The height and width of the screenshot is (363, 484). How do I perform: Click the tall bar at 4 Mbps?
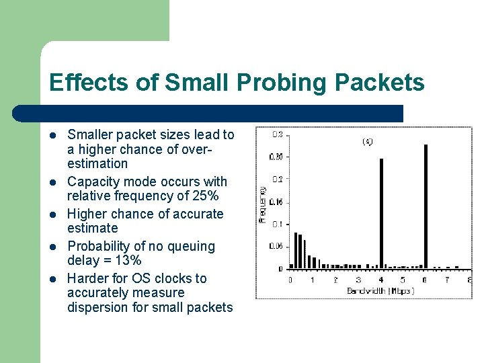coord(381,213)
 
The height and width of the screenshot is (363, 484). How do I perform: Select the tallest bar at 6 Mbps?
coord(426,206)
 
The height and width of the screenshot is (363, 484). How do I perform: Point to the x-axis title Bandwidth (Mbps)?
coord(380,290)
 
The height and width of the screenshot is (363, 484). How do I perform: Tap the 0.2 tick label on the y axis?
coord(277,179)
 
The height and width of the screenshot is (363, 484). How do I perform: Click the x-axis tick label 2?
coord(335,279)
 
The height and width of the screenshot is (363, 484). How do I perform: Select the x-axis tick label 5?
coord(403,279)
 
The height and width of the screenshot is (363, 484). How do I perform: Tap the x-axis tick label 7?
coord(447,279)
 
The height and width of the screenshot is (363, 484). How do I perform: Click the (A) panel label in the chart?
coord(368,142)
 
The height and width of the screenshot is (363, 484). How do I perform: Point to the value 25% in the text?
coord(204,196)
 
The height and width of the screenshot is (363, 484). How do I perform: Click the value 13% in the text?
coord(127,260)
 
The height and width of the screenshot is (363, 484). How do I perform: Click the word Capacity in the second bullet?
coord(93,182)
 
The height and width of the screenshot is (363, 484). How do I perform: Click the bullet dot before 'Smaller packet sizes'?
coord(53,135)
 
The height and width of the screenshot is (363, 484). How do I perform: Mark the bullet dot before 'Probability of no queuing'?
coord(53,247)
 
